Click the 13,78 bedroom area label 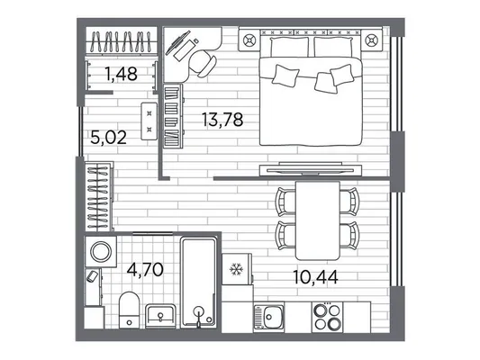click(x=222, y=120)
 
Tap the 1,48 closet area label click(x=121, y=74)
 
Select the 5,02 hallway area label click(x=109, y=138)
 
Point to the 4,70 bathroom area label click(x=145, y=270)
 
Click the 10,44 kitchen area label click(x=315, y=277)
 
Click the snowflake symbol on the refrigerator click(x=236, y=269)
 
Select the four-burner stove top click(x=327, y=317)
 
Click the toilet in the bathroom click(x=129, y=310)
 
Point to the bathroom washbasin click(x=160, y=315)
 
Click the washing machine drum click(x=100, y=251)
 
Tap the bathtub click(x=199, y=283)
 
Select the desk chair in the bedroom click(x=202, y=63)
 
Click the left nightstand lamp click(x=249, y=40)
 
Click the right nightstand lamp click(x=372, y=40)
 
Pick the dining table click(x=318, y=220)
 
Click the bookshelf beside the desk click(x=173, y=116)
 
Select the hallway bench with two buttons click(x=149, y=121)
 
